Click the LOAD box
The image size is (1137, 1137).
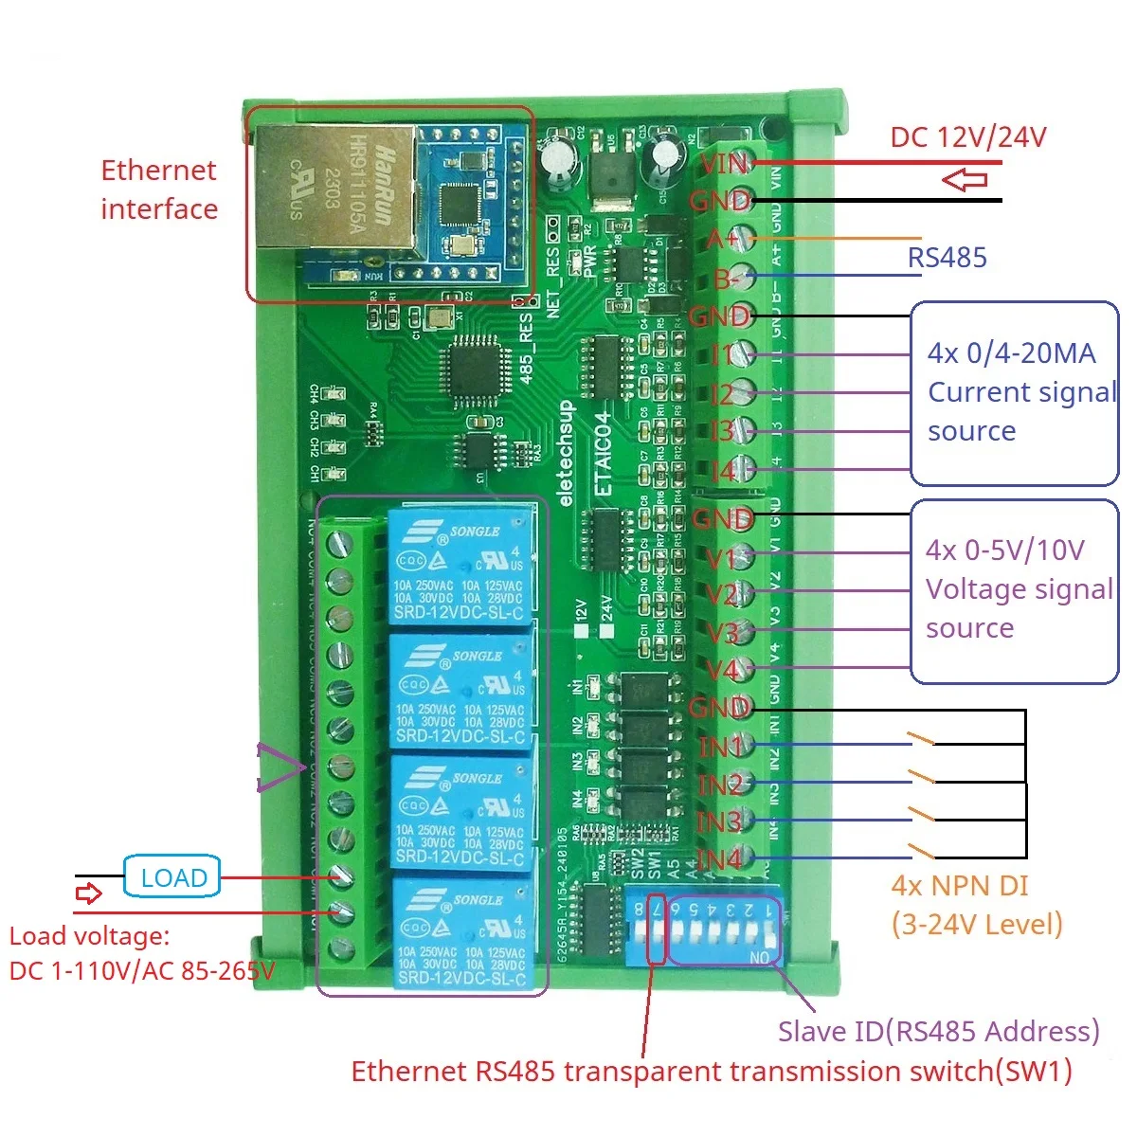(x=172, y=877)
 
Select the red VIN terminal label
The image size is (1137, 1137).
(x=725, y=164)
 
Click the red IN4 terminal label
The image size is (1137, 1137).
(x=720, y=859)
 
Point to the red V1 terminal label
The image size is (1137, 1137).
(x=722, y=558)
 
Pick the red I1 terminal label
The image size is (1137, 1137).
(x=723, y=354)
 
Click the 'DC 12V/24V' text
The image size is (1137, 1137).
(x=968, y=137)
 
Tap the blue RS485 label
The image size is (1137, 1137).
(x=947, y=257)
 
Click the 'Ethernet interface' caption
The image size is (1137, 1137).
(x=159, y=189)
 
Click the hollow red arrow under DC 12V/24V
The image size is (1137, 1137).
(x=966, y=179)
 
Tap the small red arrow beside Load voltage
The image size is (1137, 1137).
(x=88, y=893)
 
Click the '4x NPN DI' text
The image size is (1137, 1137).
(x=959, y=886)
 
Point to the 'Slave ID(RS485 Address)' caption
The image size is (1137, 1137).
(x=938, y=1031)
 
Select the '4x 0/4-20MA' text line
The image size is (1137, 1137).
(x=1011, y=353)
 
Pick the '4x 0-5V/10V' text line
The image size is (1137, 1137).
(x=1004, y=550)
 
